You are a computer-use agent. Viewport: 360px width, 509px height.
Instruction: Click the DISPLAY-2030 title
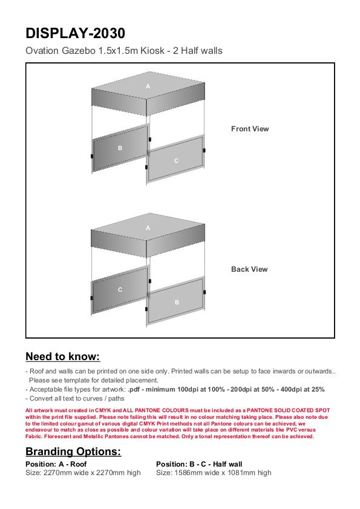(x=75, y=33)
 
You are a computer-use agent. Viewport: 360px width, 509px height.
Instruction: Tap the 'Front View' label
(x=250, y=129)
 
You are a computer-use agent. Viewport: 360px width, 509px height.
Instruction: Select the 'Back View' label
(x=249, y=269)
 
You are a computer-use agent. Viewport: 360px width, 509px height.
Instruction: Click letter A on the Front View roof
(x=148, y=87)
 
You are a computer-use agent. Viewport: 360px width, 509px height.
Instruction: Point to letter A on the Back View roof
(x=148, y=228)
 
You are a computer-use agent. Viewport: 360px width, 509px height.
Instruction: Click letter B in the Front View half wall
(x=120, y=148)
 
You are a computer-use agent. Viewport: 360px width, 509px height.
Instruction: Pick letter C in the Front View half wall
(x=176, y=160)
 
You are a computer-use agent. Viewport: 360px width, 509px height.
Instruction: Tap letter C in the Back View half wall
(x=120, y=289)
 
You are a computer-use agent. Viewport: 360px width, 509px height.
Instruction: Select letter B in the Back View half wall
(x=177, y=302)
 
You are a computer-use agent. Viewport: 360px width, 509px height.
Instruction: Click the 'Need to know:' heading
(x=63, y=356)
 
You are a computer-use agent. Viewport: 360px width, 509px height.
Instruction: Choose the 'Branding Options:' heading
(x=73, y=452)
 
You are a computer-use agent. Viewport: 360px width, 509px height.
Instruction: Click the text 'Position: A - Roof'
(x=56, y=464)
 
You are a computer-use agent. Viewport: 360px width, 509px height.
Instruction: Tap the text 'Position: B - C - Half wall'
(x=199, y=464)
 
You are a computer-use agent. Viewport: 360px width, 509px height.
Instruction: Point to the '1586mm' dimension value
(x=188, y=473)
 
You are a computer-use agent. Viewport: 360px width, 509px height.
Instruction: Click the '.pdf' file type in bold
(x=134, y=390)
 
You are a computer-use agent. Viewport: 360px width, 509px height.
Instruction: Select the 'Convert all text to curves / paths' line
(x=77, y=399)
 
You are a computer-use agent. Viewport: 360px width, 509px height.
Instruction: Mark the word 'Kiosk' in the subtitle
(x=152, y=51)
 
